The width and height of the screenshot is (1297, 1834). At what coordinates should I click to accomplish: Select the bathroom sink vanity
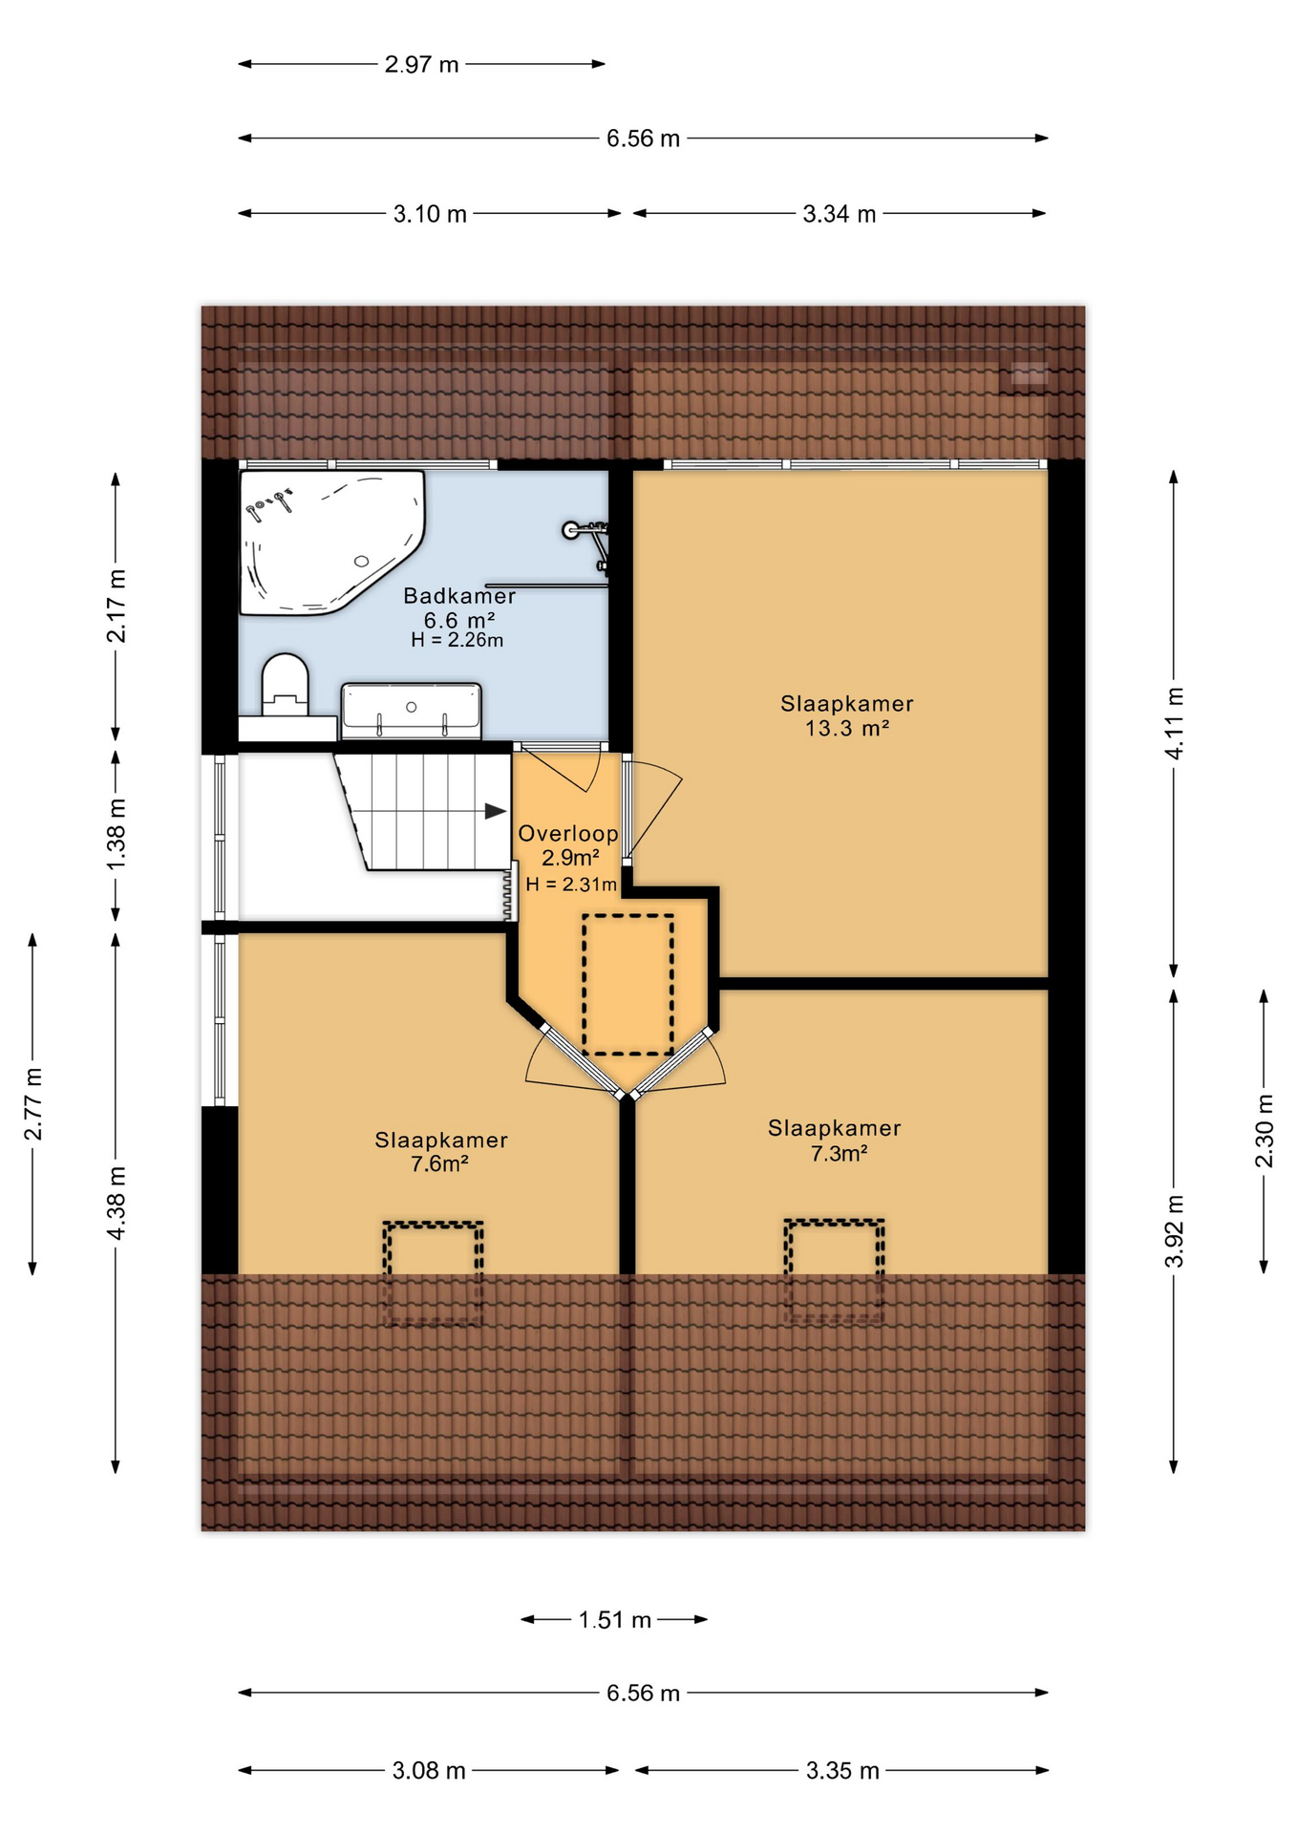click(x=411, y=710)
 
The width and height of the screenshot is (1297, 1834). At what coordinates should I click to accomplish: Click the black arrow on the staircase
click(x=495, y=811)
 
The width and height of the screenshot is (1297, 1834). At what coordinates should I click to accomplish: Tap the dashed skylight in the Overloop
click(x=627, y=984)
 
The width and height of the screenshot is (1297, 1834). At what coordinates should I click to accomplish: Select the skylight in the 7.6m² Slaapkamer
click(x=433, y=1271)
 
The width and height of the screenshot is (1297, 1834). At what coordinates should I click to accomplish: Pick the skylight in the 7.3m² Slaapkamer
click(x=834, y=1269)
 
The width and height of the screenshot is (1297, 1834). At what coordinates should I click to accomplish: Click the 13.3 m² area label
click(x=847, y=729)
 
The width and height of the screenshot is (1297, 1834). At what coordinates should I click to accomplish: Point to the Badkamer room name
click(x=459, y=596)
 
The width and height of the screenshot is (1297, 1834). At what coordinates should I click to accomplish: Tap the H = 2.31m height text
click(x=570, y=885)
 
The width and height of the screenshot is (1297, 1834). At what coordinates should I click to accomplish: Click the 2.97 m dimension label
click(x=421, y=65)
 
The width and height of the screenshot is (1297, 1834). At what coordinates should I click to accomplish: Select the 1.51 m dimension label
click(x=614, y=1620)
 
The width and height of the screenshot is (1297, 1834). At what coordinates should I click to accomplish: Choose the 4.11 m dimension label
click(x=1174, y=723)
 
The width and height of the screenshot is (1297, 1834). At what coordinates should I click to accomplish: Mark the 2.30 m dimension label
click(x=1264, y=1131)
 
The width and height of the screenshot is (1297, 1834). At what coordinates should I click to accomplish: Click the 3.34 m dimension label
click(x=839, y=214)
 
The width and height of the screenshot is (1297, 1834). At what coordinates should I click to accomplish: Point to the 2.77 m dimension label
click(x=33, y=1104)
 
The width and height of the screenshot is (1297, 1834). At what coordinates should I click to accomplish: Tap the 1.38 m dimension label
click(x=116, y=835)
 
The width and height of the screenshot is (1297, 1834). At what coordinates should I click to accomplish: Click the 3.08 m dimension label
click(x=429, y=1771)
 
